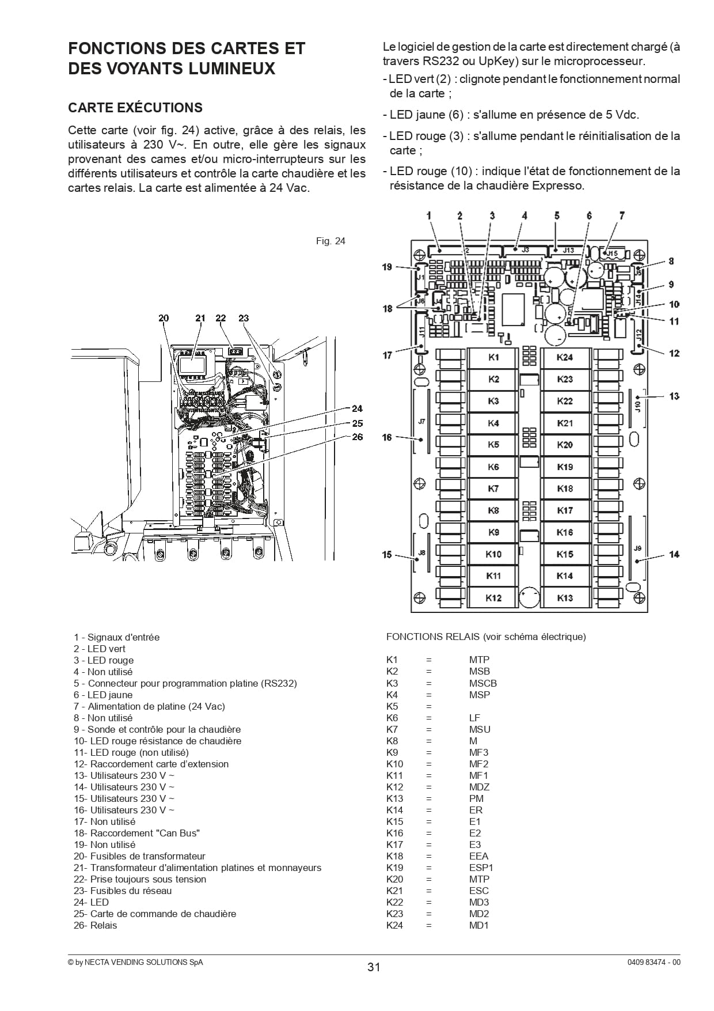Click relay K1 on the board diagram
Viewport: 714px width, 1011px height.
[x=493, y=358]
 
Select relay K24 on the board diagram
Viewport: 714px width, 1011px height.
[x=565, y=358]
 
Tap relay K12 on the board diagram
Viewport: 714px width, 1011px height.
[x=493, y=598]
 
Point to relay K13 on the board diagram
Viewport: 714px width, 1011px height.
[x=565, y=598]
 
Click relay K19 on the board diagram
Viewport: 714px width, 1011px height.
[x=565, y=467]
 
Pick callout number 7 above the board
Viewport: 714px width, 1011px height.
[x=622, y=215]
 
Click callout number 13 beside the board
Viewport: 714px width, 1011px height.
[x=674, y=396]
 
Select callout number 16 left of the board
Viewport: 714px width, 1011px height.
[x=387, y=437]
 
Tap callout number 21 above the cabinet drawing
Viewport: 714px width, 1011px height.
[x=200, y=318]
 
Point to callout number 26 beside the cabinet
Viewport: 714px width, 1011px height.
[x=358, y=437]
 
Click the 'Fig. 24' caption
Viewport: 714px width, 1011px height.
[x=331, y=241]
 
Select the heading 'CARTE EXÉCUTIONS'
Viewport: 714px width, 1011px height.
[x=135, y=108]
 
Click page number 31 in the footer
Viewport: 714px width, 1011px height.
[x=374, y=967]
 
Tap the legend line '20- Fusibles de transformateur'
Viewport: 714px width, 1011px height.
[x=139, y=856]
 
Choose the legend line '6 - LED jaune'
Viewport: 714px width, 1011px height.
[x=103, y=695]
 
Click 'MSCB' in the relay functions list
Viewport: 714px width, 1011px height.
[x=483, y=683]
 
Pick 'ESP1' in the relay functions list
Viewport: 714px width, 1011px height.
[x=481, y=868]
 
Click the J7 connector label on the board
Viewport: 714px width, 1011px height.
[x=421, y=422]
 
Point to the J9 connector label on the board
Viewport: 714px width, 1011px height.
[x=637, y=548]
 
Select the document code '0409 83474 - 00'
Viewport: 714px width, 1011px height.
[x=654, y=962]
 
